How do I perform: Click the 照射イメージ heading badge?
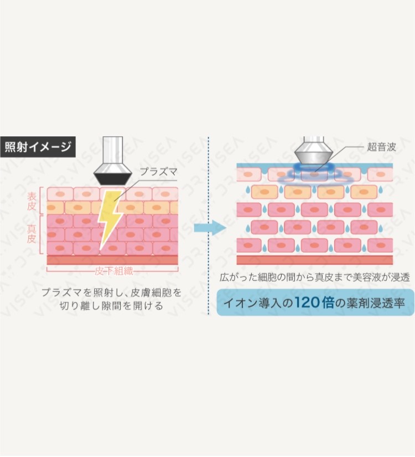38,147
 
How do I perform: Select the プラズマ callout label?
159,172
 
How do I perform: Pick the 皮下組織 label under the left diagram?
112,271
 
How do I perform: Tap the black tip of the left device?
112,178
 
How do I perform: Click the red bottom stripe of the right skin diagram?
314,260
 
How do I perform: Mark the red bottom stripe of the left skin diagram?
112,260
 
